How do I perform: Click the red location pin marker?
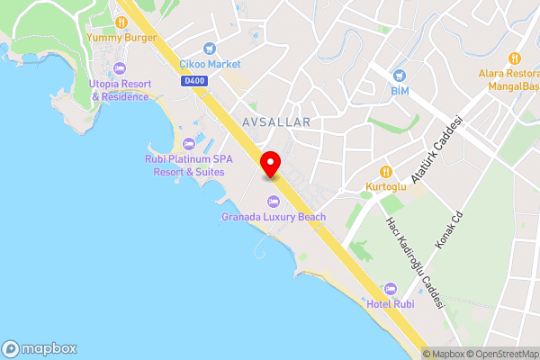coord(270,165)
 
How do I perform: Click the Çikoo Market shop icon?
coord(210,49)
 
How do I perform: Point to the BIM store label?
coord(400,91)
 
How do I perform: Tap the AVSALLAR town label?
coord(276,121)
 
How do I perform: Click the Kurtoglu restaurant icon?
coord(386,171)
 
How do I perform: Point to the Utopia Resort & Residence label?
coord(118,90)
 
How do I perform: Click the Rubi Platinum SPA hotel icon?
coord(189,144)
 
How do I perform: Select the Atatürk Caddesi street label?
coord(436,149)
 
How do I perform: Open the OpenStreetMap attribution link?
coord(498,353)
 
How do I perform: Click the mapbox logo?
coord(40,349)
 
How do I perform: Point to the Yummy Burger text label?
coord(121,38)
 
